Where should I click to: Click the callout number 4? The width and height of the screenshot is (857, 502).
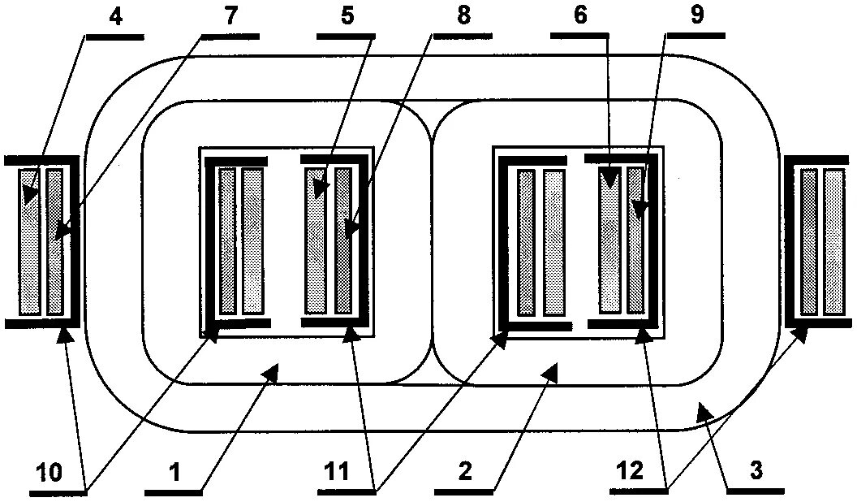coord(115,18)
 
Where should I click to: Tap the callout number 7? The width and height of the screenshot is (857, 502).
coord(231,18)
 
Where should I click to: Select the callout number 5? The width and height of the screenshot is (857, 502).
coord(347,18)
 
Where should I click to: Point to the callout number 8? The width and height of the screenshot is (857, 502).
coord(463,18)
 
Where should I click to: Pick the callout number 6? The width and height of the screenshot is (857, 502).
coord(580,18)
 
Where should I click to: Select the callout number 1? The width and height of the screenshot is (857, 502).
coord(174,472)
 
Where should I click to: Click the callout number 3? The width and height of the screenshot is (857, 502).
coord(756,471)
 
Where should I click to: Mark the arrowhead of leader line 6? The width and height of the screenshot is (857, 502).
coord(608,186)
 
